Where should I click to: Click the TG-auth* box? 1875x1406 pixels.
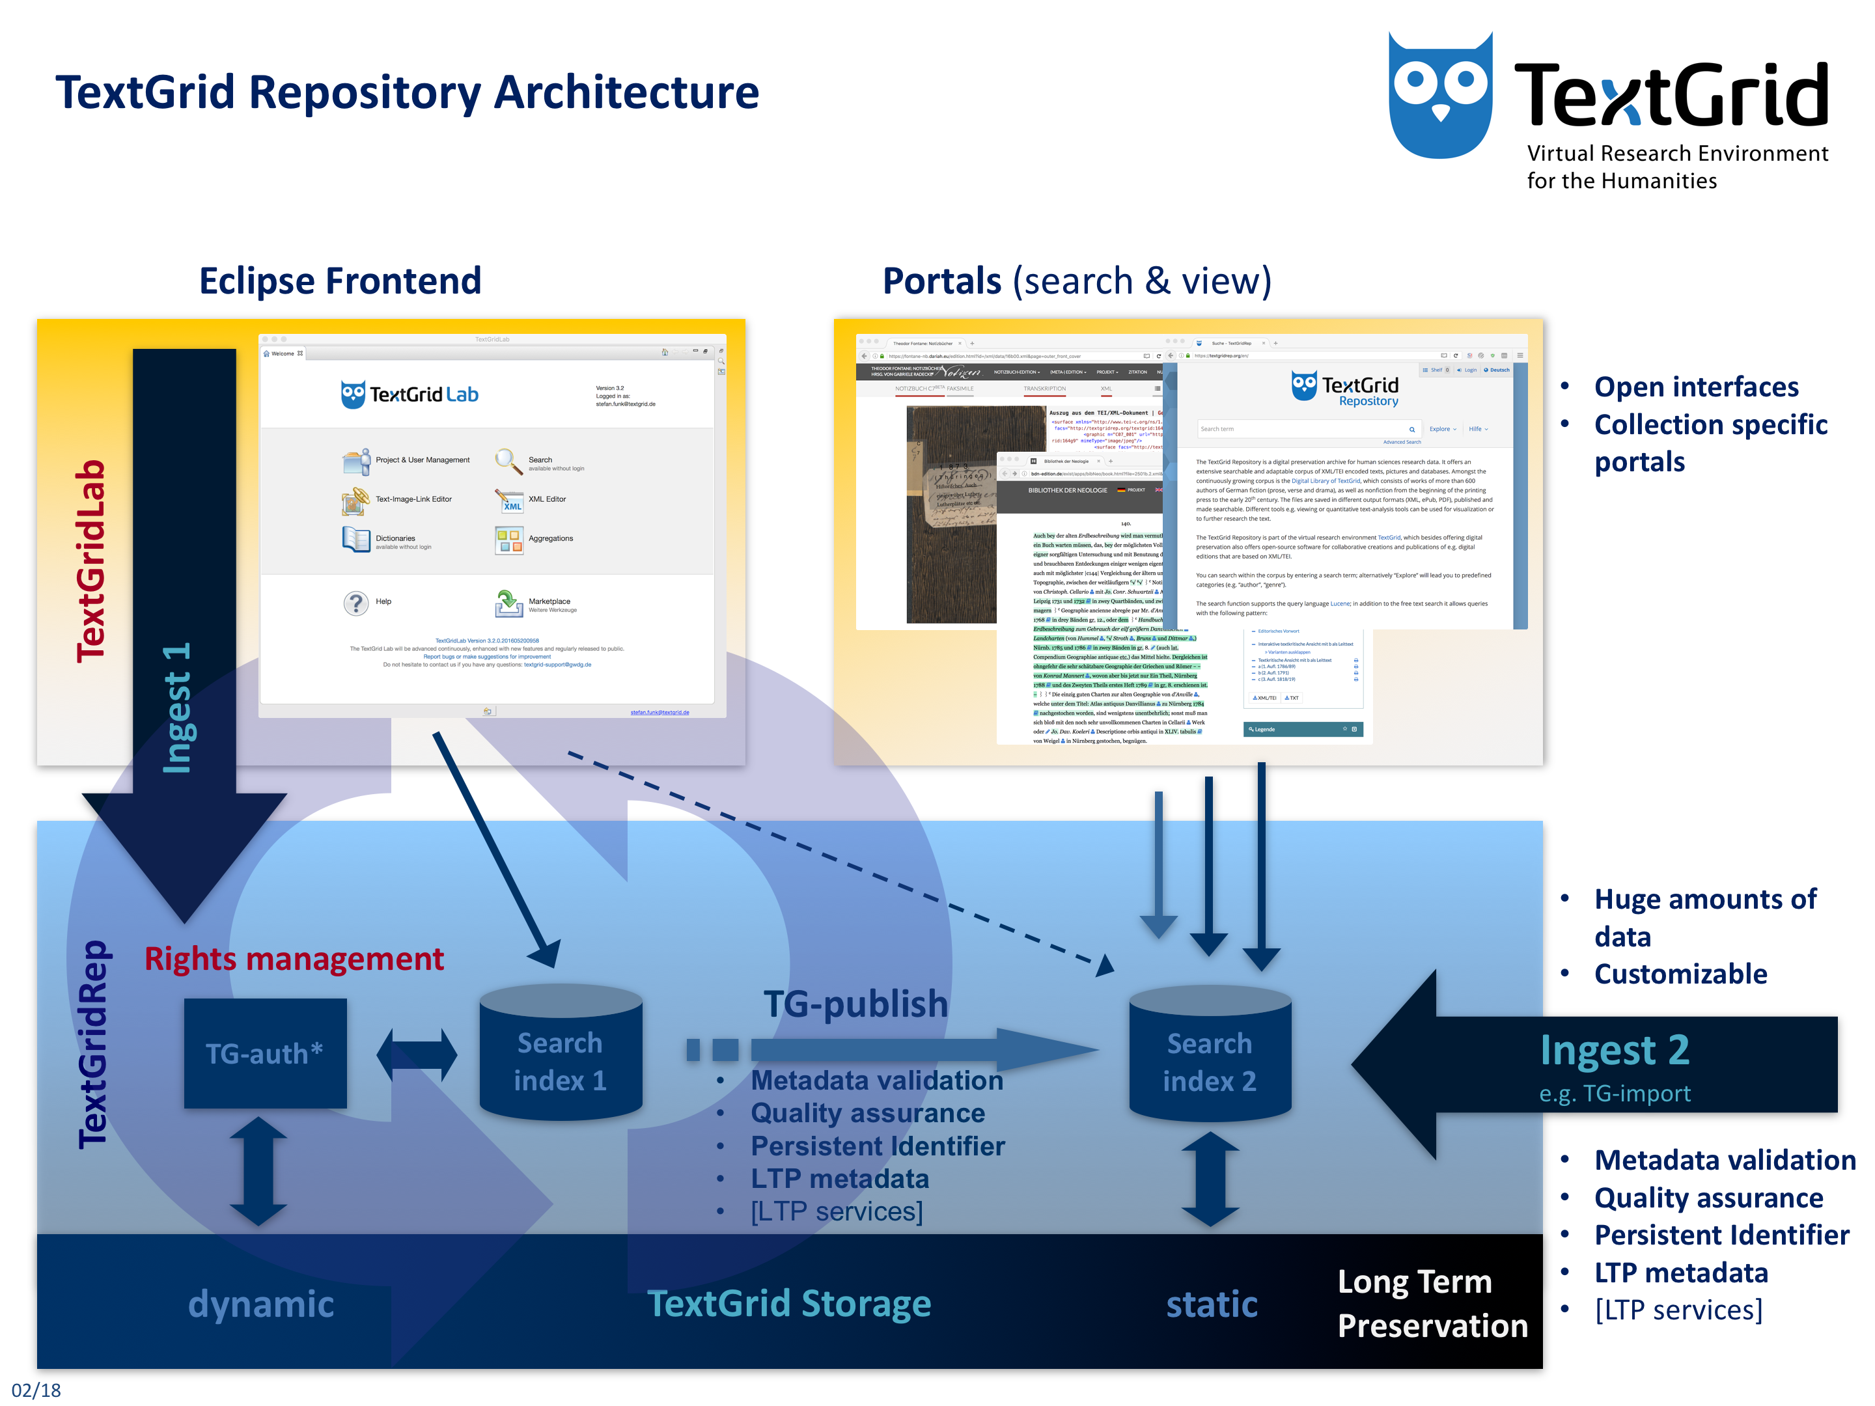pos(264,1053)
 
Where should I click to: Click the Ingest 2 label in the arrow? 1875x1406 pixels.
pos(1614,1050)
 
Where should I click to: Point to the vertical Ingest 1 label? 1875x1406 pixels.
pos(177,708)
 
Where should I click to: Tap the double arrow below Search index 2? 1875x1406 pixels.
pos(1210,1179)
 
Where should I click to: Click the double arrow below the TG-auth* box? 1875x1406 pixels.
pos(258,1171)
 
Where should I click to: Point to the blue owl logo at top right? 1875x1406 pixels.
pos(1439,96)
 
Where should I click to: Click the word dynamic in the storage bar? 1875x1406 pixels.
pos(260,1303)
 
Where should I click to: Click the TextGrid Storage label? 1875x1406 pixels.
pos(788,1303)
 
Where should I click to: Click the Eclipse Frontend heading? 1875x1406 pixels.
pos(340,281)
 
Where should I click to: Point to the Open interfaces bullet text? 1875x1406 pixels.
pos(1695,387)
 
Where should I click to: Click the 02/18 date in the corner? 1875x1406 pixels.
pos(36,1390)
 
